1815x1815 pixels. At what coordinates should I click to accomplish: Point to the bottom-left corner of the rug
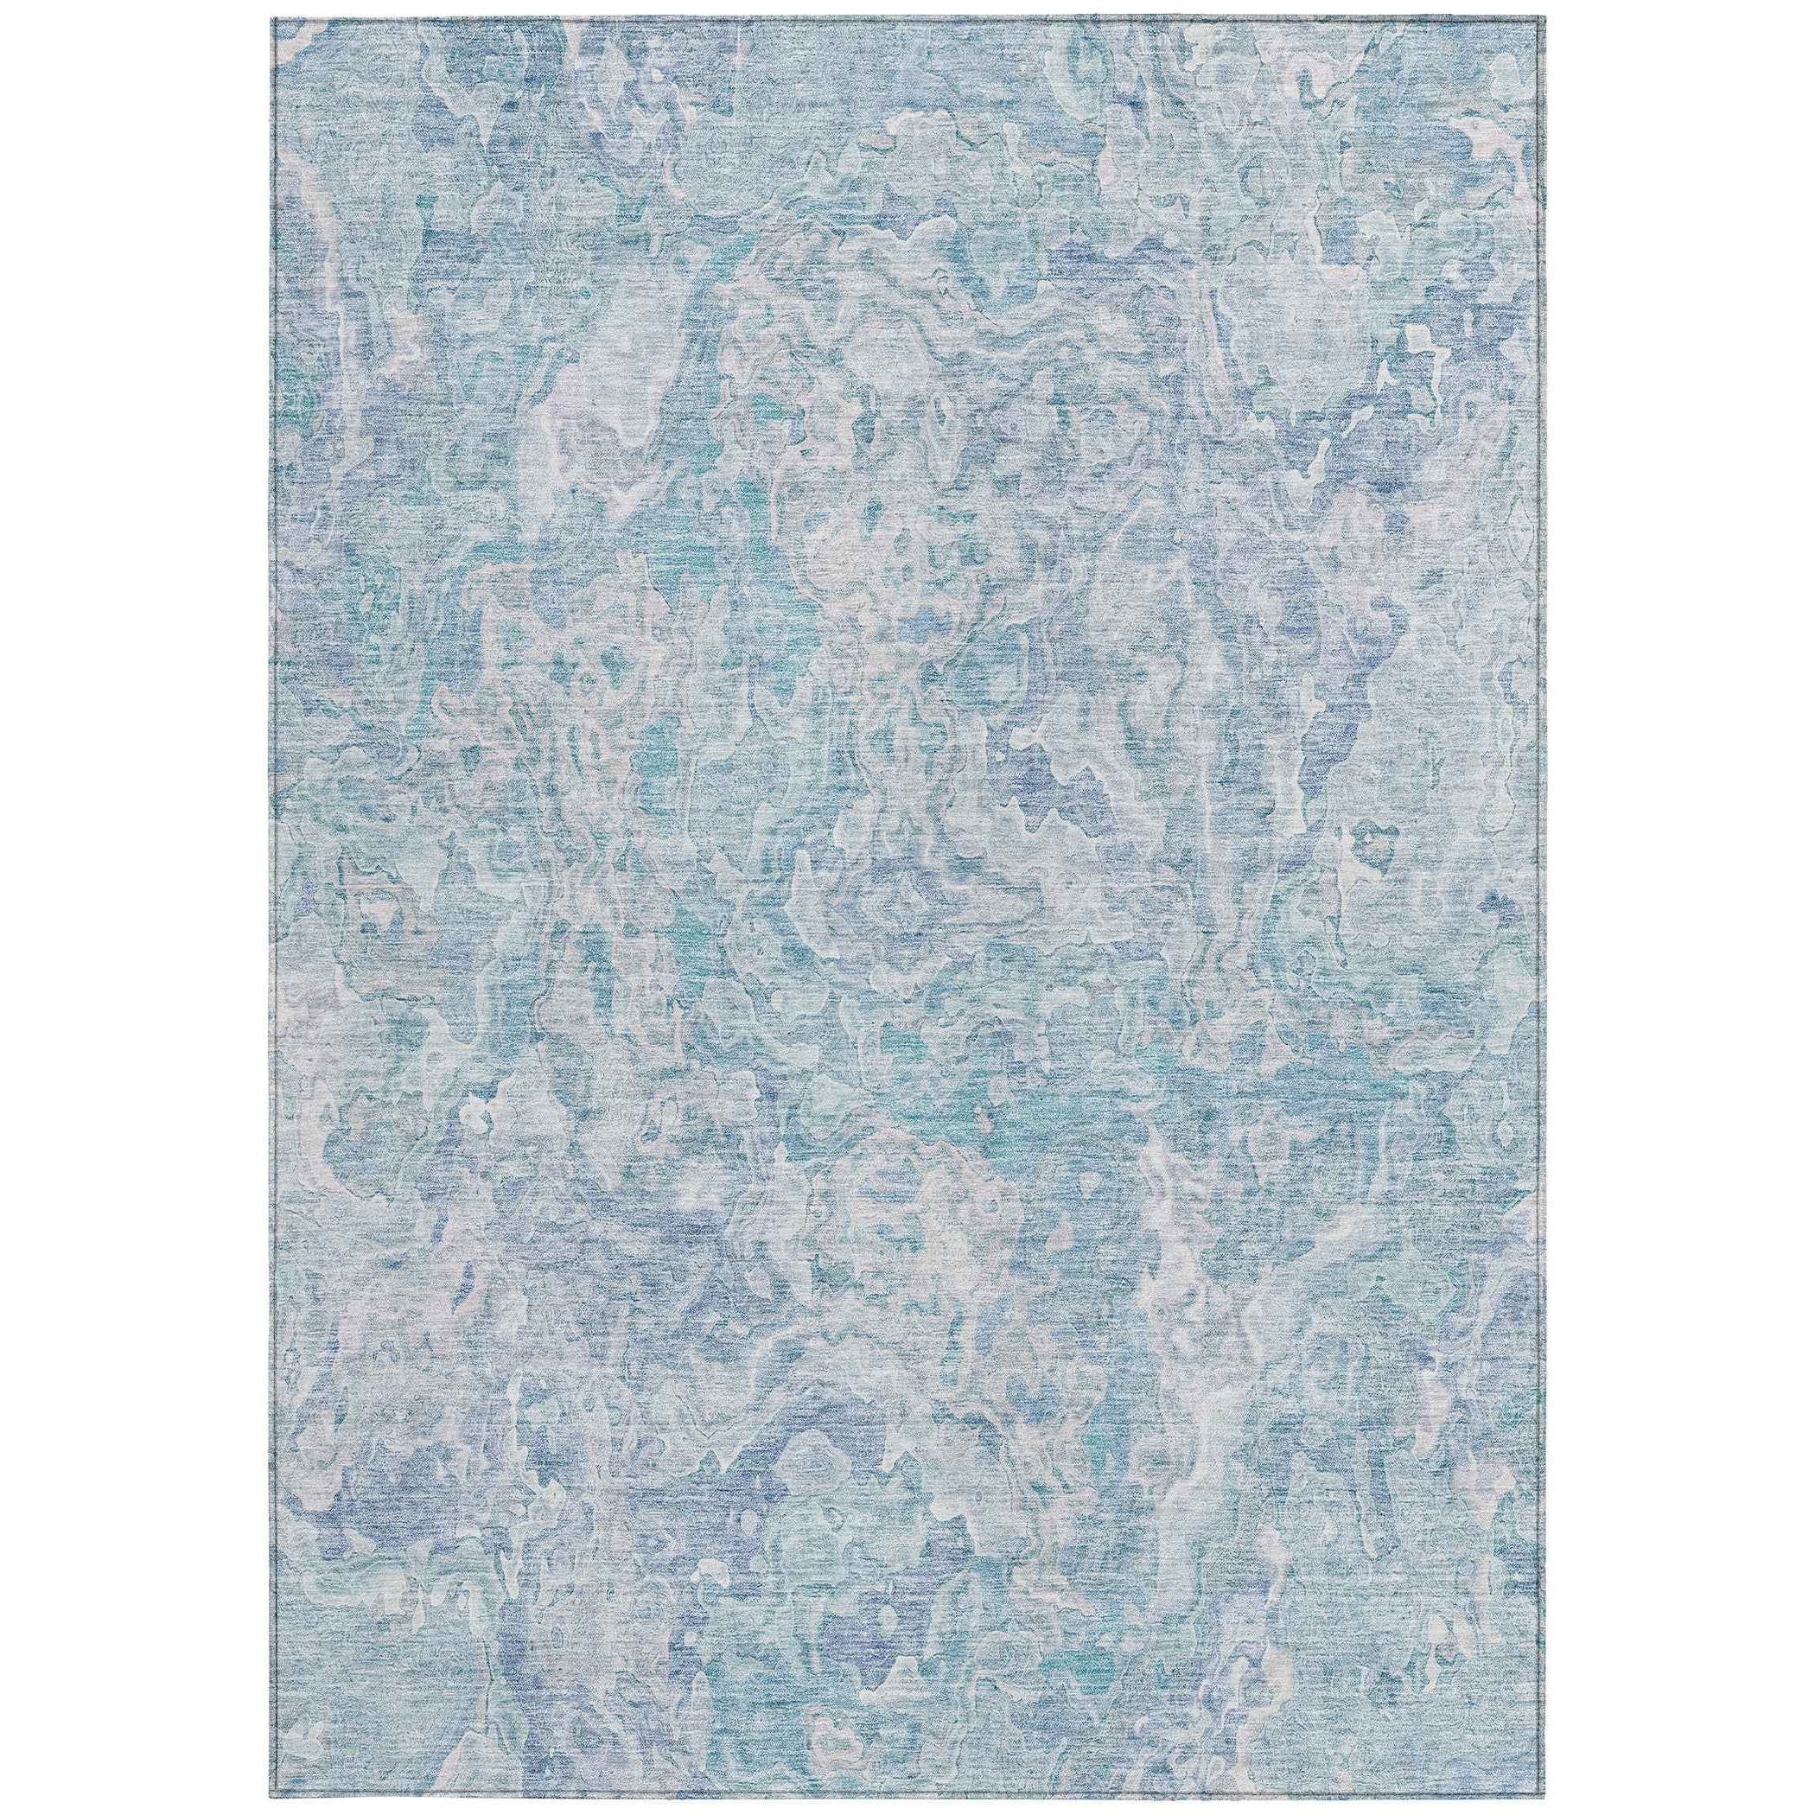click(x=272, y=1795)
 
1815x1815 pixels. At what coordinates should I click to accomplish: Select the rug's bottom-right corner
click(x=1544, y=1795)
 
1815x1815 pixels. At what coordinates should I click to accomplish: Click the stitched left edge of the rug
click(x=273, y=907)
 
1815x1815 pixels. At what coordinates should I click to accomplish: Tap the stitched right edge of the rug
click(x=1543, y=907)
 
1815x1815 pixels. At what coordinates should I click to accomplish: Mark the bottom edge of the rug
click(x=907, y=1794)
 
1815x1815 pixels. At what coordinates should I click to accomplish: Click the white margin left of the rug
click(x=137, y=907)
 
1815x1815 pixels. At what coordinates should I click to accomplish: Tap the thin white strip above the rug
click(x=907, y=10)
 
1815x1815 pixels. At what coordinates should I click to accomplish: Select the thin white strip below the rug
click(x=907, y=1805)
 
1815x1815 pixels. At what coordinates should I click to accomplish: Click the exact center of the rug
click(x=907, y=908)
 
